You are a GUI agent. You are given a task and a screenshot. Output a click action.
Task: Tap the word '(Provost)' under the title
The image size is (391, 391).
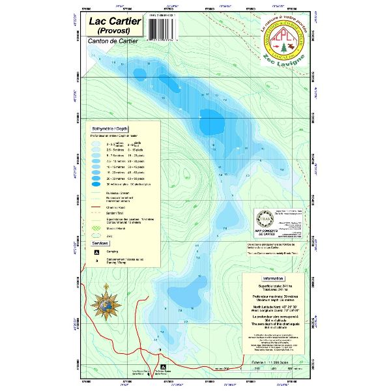111,31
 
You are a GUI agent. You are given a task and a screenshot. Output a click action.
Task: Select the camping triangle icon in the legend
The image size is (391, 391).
97,251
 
